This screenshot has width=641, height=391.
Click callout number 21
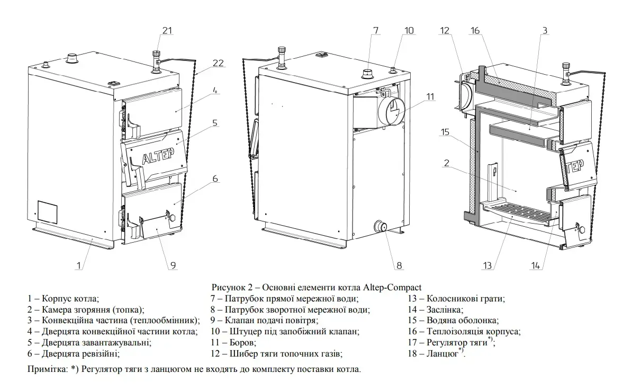pos(167,31)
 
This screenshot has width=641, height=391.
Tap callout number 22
pos(218,63)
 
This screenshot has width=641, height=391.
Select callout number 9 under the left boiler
pos(173,265)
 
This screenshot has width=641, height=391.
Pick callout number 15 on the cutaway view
pos(446,132)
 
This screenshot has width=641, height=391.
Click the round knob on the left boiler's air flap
pos(170,217)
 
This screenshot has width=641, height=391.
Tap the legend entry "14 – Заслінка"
pos(436,309)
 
